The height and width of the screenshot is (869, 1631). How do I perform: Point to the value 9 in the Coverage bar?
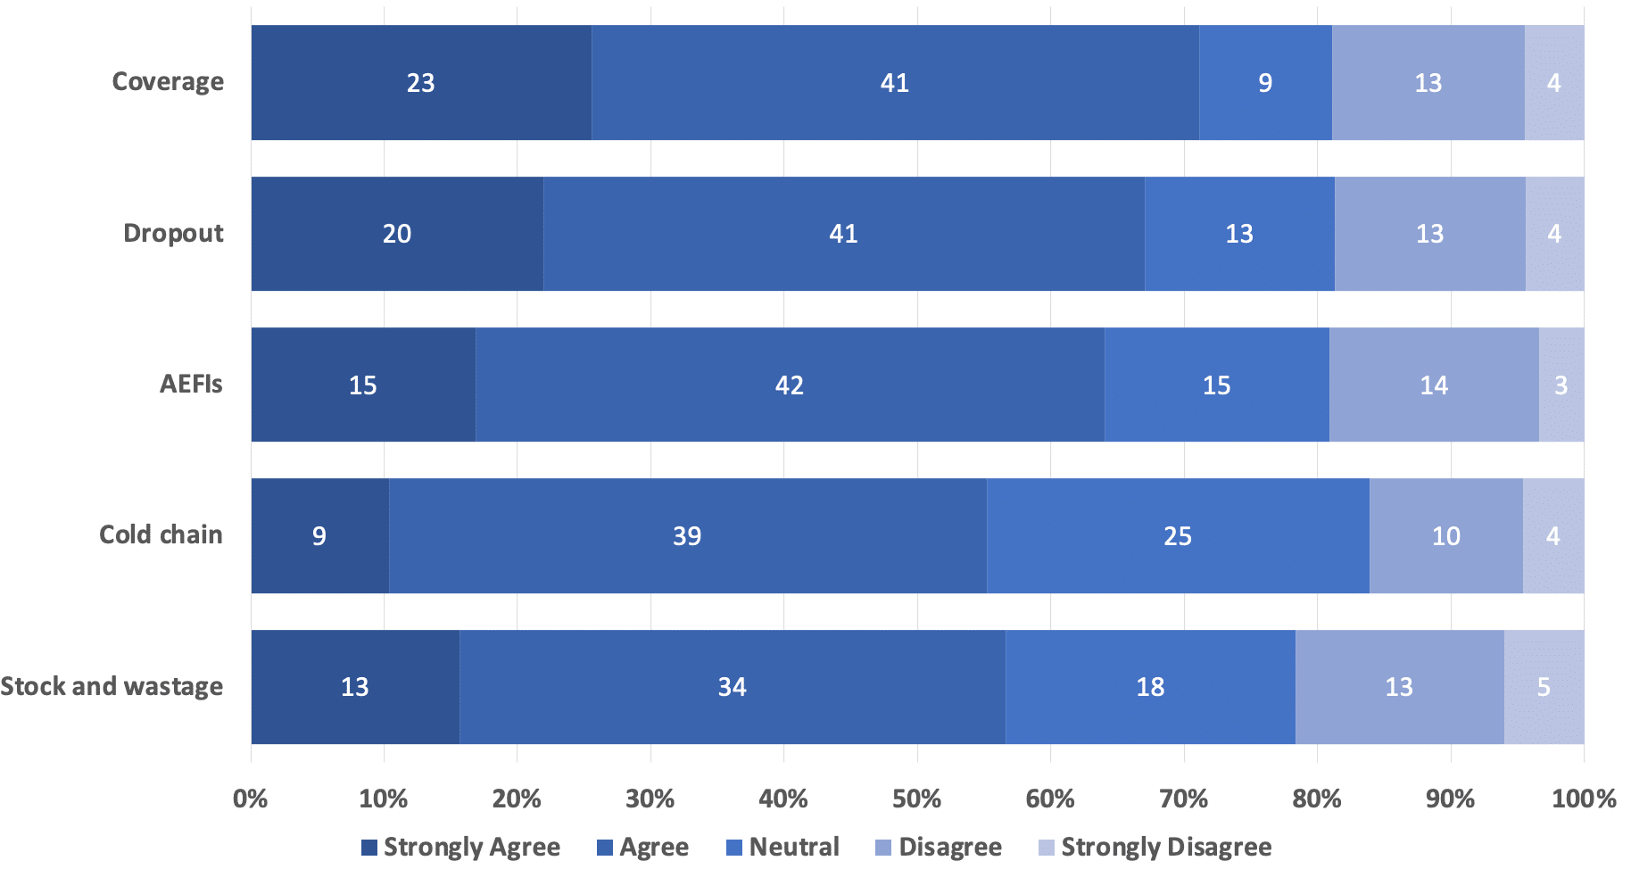point(1265,83)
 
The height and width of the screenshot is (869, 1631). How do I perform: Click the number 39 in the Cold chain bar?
point(687,536)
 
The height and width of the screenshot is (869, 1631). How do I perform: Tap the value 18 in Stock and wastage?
point(1150,687)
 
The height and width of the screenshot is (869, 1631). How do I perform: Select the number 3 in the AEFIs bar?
point(1561,385)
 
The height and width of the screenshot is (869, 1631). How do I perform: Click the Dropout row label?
point(173,234)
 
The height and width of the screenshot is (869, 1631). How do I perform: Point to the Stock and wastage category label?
point(112,687)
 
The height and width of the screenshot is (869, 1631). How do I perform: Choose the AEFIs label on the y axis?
point(191,385)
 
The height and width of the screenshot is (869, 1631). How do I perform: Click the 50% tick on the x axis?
point(916,799)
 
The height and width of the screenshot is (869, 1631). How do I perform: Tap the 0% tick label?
point(250,799)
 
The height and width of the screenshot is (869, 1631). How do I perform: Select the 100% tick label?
point(1583,799)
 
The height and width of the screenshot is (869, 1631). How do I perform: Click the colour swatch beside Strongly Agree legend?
point(369,848)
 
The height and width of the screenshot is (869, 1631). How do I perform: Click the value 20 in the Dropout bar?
point(397,234)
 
